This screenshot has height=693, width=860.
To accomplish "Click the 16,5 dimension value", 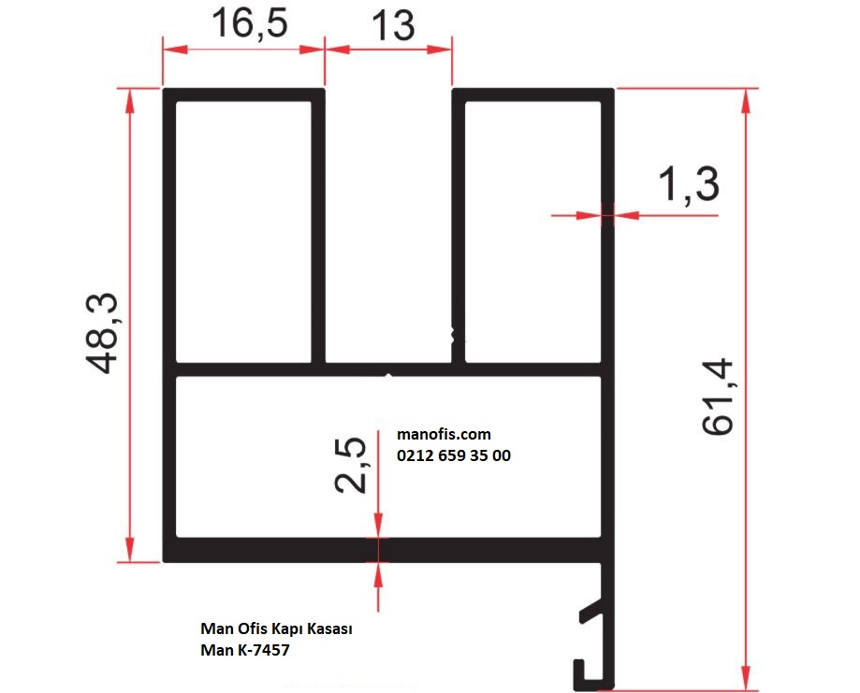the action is pyautogui.click(x=250, y=23).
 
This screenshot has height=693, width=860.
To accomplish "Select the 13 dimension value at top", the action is pyautogui.click(x=393, y=26).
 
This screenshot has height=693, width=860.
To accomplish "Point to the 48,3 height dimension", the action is pyautogui.click(x=101, y=333).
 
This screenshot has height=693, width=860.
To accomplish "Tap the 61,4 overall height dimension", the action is pyautogui.click(x=718, y=397).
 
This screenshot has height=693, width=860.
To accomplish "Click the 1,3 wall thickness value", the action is pyautogui.click(x=689, y=184).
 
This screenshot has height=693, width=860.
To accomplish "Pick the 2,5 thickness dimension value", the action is pyautogui.click(x=350, y=465).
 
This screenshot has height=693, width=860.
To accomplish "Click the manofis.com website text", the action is pyautogui.click(x=444, y=434).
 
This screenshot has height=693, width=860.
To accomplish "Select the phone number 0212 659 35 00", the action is pyautogui.click(x=454, y=455).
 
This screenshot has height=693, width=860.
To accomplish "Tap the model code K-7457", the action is pyautogui.click(x=263, y=650).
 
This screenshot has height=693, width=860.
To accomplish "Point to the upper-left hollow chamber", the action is pyautogui.click(x=243, y=231).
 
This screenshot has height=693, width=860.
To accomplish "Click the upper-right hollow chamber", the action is pyautogui.click(x=532, y=231).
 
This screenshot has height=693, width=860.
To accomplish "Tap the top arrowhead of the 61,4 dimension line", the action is pyautogui.click(x=746, y=100).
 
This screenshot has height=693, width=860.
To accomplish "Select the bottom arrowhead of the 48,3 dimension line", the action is pyautogui.click(x=129, y=549).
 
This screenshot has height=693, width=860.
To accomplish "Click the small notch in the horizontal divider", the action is pyautogui.click(x=388, y=376).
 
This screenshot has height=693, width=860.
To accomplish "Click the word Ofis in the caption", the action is pyautogui.click(x=251, y=628).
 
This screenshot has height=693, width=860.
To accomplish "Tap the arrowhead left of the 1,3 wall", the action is pyautogui.click(x=589, y=215).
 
